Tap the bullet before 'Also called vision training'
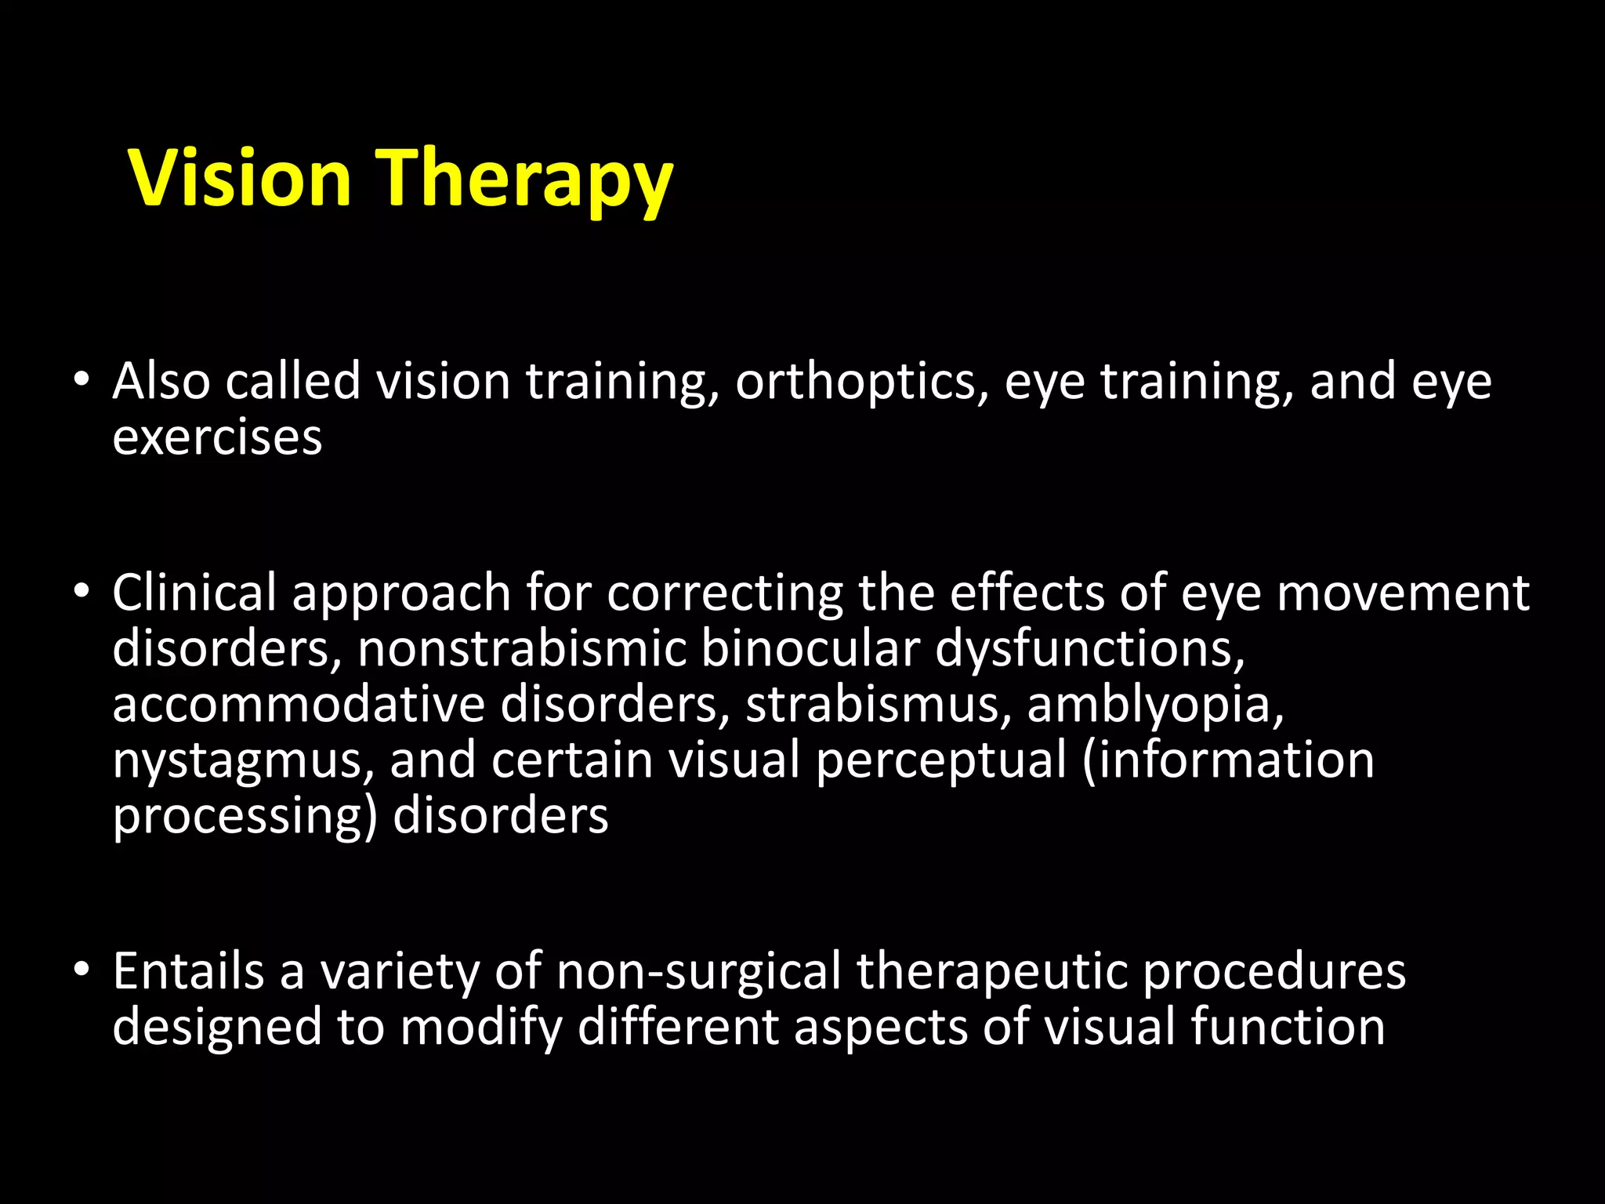click(x=82, y=380)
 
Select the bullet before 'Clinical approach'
click(x=82, y=592)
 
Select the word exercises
click(x=217, y=437)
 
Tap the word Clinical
click(x=194, y=592)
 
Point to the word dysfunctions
click(x=1089, y=651)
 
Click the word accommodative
click(x=298, y=704)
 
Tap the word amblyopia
click(x=1155, y=705)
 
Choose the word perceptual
click(x=941, y=762)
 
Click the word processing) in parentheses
click(x=245, y=818)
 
